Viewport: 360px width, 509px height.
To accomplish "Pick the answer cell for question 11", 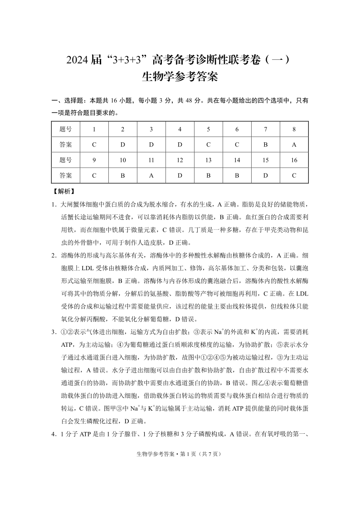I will [151, 175].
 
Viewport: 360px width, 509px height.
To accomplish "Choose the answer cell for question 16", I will [294, 175].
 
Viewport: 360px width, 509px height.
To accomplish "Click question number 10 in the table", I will [122, 160].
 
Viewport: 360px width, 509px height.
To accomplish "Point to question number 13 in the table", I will [208, 160].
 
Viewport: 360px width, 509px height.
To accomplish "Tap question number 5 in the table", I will [208, 129].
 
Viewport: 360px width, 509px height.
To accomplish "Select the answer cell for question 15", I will [266, 175].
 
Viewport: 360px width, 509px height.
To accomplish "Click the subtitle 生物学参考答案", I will [180, 77].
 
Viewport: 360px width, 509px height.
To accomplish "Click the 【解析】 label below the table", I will [63, 191].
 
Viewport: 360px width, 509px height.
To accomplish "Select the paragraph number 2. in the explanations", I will [54, 255].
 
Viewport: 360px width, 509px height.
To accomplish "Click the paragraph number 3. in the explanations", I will [54, 331].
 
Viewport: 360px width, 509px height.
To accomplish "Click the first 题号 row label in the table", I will [66, 129].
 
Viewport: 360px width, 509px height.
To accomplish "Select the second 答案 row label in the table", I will [66, 175].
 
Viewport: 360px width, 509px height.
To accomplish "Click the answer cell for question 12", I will [180, 175].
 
